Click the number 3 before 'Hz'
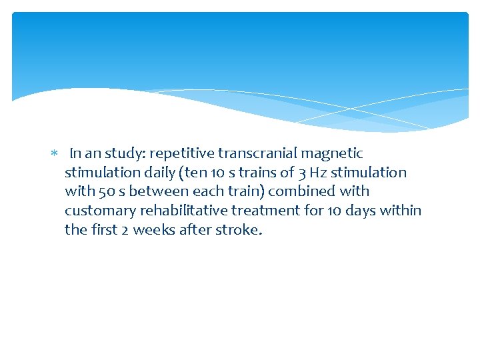coord(303,173)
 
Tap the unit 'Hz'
coord(319,173)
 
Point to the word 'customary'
coord(95,211)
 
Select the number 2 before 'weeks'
coord(125,230)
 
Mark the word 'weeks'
coord(153,230)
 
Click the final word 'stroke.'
coord(237,230)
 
